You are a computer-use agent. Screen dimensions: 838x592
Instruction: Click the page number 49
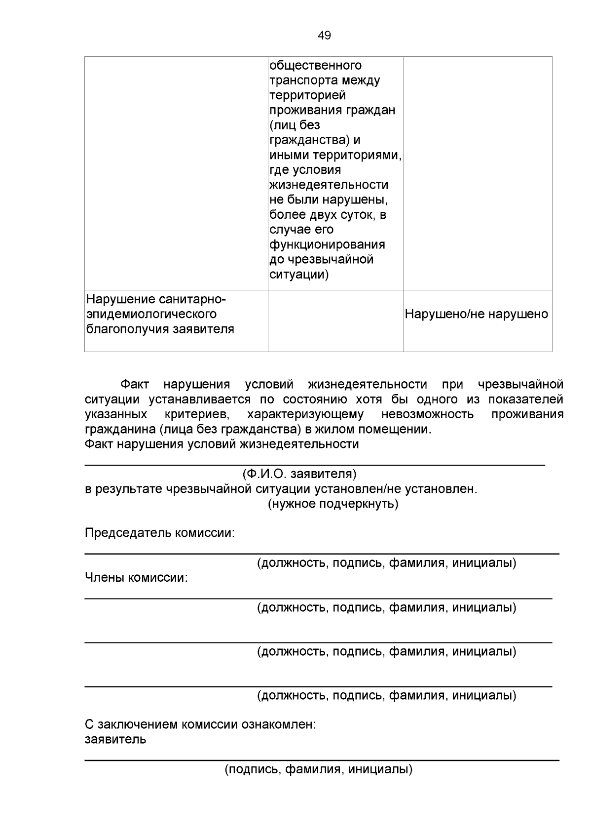coord(324,36)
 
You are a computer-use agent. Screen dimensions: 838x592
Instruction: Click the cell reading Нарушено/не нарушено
coord(476,314)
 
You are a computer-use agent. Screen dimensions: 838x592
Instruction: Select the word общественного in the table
coord(315,65)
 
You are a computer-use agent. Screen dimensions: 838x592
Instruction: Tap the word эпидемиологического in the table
coord(151,314)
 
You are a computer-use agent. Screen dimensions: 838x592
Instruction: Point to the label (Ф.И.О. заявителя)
coord(299,474)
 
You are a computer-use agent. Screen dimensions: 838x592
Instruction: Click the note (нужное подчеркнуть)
coord(333,504)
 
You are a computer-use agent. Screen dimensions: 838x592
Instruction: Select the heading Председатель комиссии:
coord(160,533)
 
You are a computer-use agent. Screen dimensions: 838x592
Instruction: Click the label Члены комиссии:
coord(136,577)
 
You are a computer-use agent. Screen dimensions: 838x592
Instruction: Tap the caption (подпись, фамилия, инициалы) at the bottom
coord(319,769)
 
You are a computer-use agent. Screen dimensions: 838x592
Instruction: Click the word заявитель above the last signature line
coord(115,740)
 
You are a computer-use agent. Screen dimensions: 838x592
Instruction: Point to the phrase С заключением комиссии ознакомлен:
coord(200,725)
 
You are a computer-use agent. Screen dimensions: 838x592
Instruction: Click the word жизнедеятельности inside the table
coord(329,185)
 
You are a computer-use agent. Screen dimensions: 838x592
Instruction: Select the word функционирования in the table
coord(327,244)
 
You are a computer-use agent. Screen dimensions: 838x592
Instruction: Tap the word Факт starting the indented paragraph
coord(135,384)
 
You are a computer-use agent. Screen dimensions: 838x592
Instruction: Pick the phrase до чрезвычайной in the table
coord(321,259)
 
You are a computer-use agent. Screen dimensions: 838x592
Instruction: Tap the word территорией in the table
coord(307,95)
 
